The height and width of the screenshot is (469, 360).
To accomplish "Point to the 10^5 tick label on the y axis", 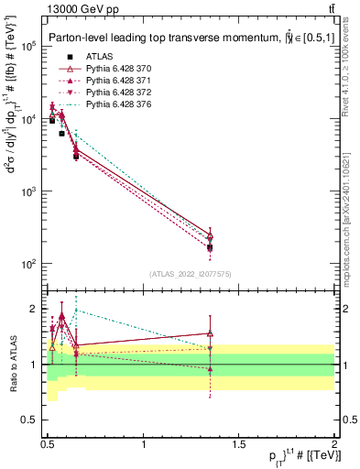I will [27, 47].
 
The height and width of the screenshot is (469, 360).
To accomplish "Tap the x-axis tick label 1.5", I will [239, 444].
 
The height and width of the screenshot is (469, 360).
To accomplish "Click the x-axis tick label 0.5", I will [49, 444].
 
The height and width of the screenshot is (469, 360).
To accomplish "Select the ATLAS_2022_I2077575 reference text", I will [191, 274].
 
